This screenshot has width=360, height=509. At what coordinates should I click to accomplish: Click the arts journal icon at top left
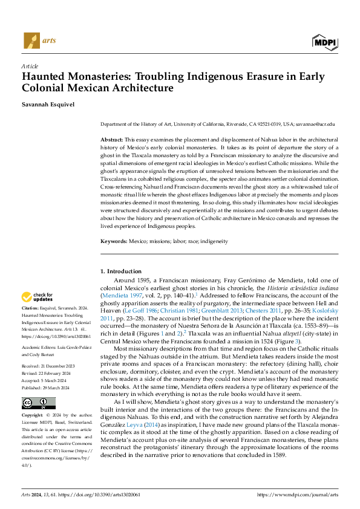click(31, 41)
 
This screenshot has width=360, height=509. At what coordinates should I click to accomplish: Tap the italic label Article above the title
click(30, 66)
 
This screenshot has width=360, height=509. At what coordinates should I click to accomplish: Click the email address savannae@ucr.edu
click(315, 123)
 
